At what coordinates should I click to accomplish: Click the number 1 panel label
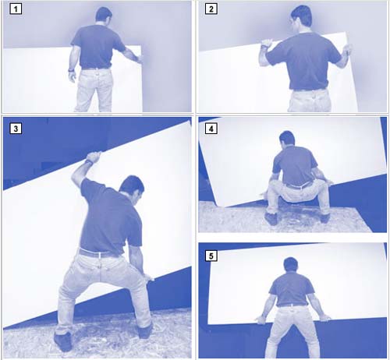coord(16,9)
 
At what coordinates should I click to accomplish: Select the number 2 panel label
coord(211,9)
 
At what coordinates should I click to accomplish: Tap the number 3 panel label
coord(16,129)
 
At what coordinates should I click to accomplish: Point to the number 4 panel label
coord(211,129)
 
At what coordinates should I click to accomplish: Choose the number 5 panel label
coord(211,256)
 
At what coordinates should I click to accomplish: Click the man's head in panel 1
coord(104,15)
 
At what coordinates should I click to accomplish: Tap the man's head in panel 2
coord(301,18)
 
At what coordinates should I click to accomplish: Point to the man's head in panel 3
coord(132,188)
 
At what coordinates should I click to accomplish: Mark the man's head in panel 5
coord(291,266)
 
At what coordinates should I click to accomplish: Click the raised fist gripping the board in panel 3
coord(94,157)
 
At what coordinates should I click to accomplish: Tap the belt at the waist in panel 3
coord(100,253)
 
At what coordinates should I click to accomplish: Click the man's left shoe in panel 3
coord(62,341)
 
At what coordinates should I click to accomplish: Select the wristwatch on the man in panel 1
coord(71,70)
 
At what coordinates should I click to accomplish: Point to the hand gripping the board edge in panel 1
coord(139,58)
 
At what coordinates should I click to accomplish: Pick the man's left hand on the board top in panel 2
coord(266,44)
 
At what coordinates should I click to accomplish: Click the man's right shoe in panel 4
coord(324,217)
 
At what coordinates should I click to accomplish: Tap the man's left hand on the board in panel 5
coord(261,320)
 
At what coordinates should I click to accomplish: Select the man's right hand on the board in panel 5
coord(324,318)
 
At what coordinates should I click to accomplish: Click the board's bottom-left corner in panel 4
coord(223,206)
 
